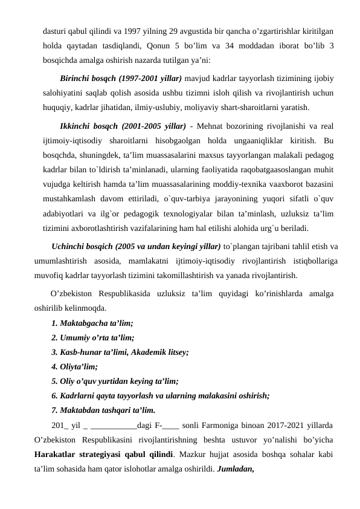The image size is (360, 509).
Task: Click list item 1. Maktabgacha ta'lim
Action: (x=92, y=323)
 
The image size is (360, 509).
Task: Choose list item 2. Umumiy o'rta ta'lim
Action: (x=92, y=337)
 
